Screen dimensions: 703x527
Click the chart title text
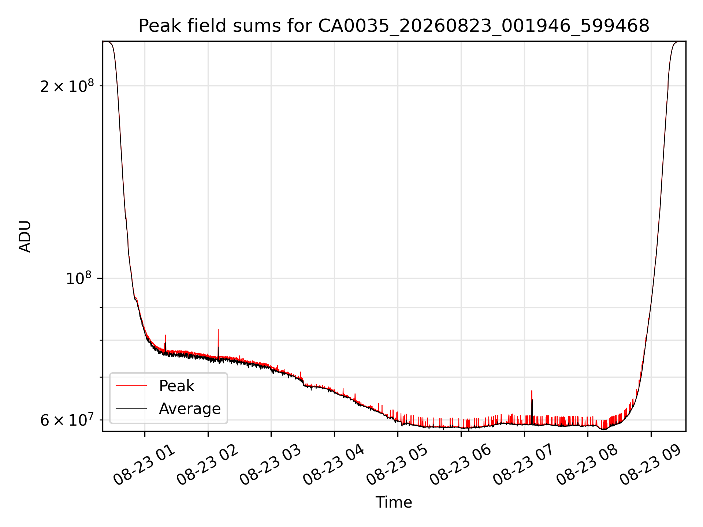[394, 26]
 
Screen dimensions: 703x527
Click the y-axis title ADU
[25, 236]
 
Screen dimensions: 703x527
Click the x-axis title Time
[394, 502]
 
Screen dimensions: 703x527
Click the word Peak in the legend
[176, 386]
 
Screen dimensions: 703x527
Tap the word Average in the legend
[190, 409]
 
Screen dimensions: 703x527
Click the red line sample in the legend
[131, 386]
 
